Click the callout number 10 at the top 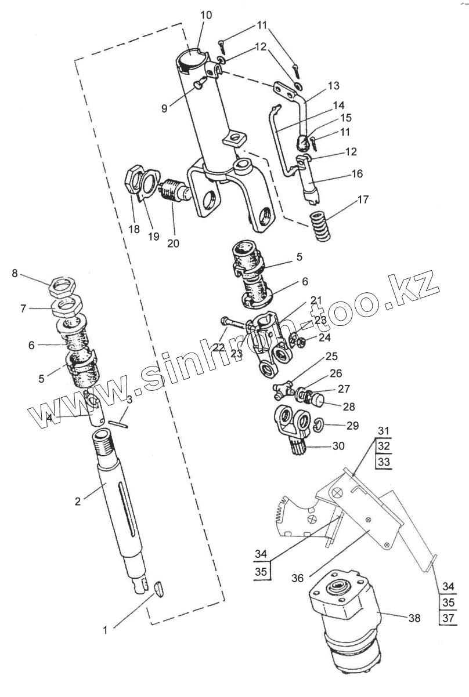point(206,15)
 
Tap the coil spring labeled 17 point(320,227)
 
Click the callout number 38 point(413,618)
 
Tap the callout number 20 point(174,243)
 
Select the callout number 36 point(297,578)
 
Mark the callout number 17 point(363,201)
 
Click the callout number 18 point(134,229)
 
